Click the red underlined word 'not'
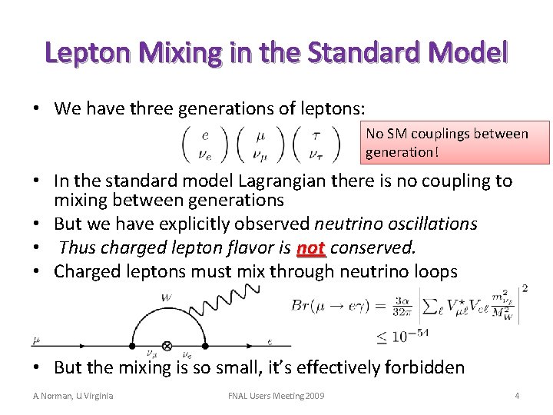[310, 247]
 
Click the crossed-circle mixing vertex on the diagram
[167, 346]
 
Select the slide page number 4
[517, 395]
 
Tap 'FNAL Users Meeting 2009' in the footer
[276, 395]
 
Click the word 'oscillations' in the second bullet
[435, 224]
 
